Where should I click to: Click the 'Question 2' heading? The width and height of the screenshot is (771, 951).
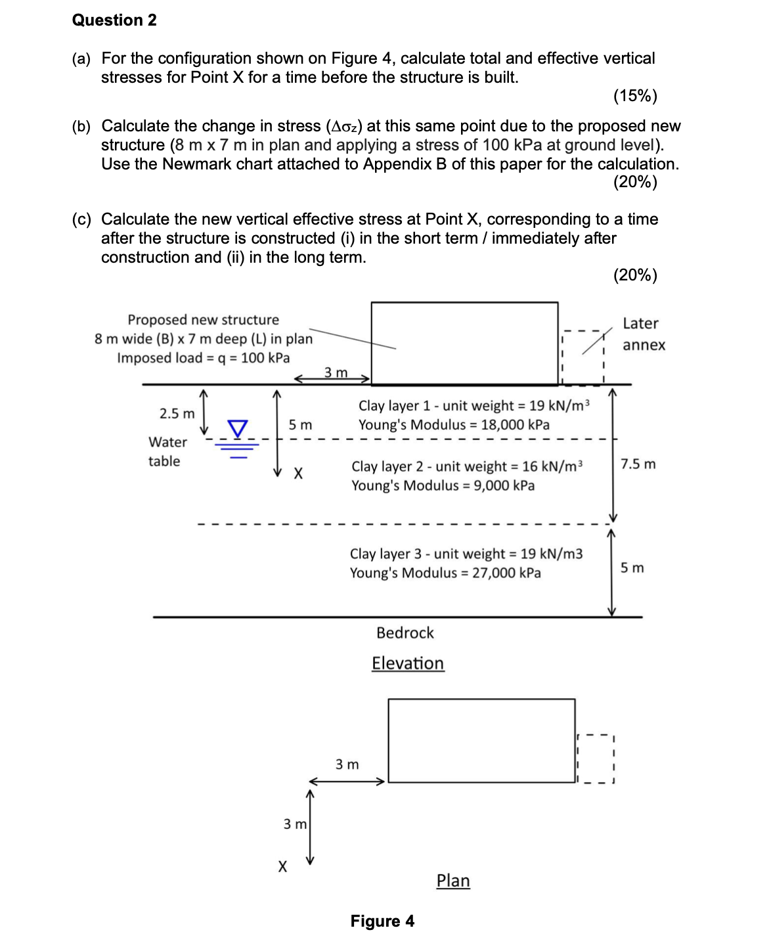(114, 20)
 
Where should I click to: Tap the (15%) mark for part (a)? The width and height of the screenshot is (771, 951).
(634, 96)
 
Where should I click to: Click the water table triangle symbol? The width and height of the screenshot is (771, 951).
(238, 428)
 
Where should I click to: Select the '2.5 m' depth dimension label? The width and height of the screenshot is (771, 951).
(177, 414)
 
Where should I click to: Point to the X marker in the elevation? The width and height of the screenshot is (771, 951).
(297, 473)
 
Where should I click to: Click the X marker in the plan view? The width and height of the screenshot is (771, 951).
(282, 867)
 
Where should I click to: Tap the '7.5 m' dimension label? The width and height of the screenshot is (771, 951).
(638, 464)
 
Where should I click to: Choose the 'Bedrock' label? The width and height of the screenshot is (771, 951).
(405, 632)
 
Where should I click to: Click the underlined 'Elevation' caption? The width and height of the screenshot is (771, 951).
(408, 663)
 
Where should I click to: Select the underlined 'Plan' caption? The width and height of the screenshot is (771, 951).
(453, 881)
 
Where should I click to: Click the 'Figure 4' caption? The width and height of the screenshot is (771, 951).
(382, 921)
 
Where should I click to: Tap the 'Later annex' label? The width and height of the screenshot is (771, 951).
(644, 334)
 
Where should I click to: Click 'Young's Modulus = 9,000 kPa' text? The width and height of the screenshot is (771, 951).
(443, 485)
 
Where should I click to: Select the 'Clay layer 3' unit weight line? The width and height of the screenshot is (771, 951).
(466, 554)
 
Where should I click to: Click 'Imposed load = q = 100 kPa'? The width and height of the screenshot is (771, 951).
(203, 358)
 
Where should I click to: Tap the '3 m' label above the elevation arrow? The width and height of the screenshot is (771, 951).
(336, 372)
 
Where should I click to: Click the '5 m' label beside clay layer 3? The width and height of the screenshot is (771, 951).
(632, 567)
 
